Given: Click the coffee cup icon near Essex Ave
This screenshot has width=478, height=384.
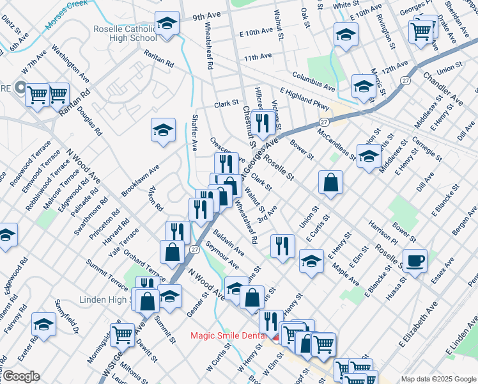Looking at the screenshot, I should coord(415,260).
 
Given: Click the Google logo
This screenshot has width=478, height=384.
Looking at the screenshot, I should coord(20,376).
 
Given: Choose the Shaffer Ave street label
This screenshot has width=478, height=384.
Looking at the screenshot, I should coord(194,132).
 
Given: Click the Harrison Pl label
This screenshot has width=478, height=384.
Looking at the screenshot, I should coord(383,234).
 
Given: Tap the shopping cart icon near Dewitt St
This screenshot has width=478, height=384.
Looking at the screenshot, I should coord(121,334).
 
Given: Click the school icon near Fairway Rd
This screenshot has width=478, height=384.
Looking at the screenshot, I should coord(44,325).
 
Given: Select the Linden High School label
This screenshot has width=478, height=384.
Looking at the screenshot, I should coord(105,300).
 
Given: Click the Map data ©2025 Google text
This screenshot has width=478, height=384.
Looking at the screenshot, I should coord(438,379).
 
